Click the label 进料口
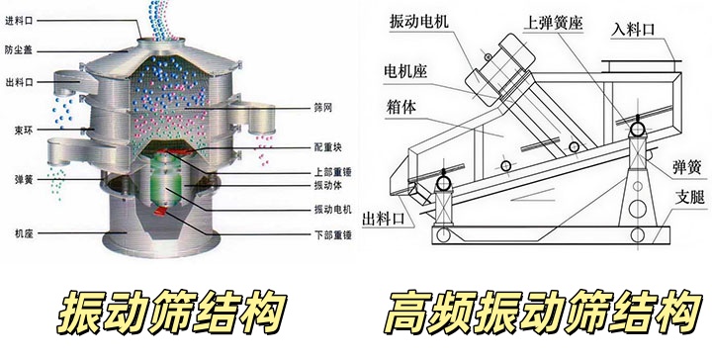(19, 21)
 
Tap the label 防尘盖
(19, 50)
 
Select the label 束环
(23, 131)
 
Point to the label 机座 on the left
(23, 233)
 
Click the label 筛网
(323, 108)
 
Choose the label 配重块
(328, 147)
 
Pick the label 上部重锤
(333, 172)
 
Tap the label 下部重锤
(333, 235)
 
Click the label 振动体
(328, 185)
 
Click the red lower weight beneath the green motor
(162, 211)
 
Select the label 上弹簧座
(553, 22)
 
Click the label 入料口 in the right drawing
(633, 30)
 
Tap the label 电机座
(405, 71)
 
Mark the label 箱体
(400, 107)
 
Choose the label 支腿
(690, 197)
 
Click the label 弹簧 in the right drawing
(686, 167)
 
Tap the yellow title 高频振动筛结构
(543, 313)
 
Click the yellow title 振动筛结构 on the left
(172, 313)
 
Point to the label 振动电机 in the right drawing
(418, 22)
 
